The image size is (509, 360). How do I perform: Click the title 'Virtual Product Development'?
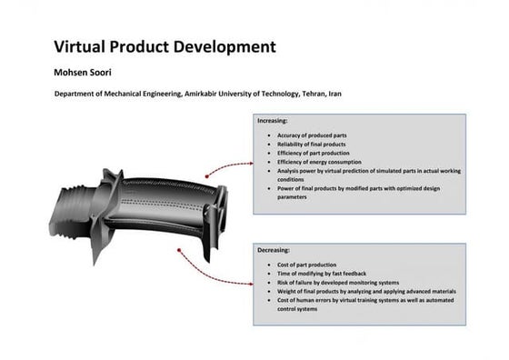tap(165, 45)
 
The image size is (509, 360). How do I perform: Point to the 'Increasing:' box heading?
tap(273, 120)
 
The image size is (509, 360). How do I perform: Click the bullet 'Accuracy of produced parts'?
tap(312, 135)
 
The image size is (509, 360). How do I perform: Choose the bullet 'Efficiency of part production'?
tap(314, 154)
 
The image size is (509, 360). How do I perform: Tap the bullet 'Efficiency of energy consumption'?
tap(320, 162)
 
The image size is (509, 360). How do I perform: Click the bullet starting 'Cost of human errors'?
tap(364, 300)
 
